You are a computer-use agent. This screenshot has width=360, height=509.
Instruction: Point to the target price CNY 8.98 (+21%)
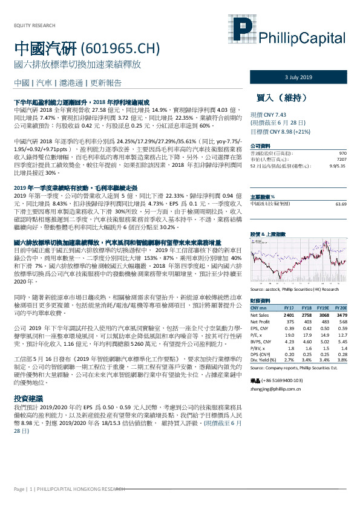coord(281,131)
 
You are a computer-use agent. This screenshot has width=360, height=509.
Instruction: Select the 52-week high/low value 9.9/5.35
coord(338,164)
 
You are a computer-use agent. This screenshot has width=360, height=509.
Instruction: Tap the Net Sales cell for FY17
coord(289,315)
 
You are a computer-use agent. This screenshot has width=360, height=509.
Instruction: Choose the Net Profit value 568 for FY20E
coord(342,321)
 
